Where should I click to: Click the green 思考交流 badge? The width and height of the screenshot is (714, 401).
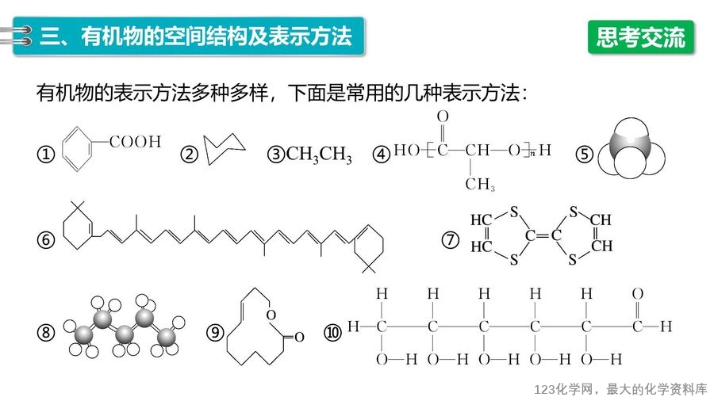[641, 37]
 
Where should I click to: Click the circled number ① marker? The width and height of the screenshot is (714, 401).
[45, 154]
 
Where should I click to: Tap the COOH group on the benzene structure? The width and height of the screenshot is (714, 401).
[135, 142]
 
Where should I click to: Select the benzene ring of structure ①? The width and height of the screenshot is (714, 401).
[77, 149]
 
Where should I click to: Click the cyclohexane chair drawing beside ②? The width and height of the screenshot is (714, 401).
[224, 149]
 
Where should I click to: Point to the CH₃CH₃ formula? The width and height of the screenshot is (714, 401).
[319, 155]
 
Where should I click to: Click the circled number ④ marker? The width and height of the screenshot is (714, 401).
[382, 154]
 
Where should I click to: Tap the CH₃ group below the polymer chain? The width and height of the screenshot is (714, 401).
[480, 184]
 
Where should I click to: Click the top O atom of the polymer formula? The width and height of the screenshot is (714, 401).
[443, 116]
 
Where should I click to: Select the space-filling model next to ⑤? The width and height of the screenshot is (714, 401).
[631, 148]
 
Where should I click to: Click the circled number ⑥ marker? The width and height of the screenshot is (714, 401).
[45, 239]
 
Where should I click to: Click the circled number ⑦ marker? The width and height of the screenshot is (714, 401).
[451, 239]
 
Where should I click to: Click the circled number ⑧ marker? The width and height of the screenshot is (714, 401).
[45, 332]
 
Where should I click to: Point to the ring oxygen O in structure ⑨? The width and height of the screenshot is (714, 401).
[271, 315]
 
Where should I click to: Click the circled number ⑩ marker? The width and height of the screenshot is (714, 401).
[332, 332]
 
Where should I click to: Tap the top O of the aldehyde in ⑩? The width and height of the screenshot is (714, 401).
[638, 294]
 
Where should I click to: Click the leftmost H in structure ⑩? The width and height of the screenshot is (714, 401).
[353, 326]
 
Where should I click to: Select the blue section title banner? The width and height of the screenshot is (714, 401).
[189, 36]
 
